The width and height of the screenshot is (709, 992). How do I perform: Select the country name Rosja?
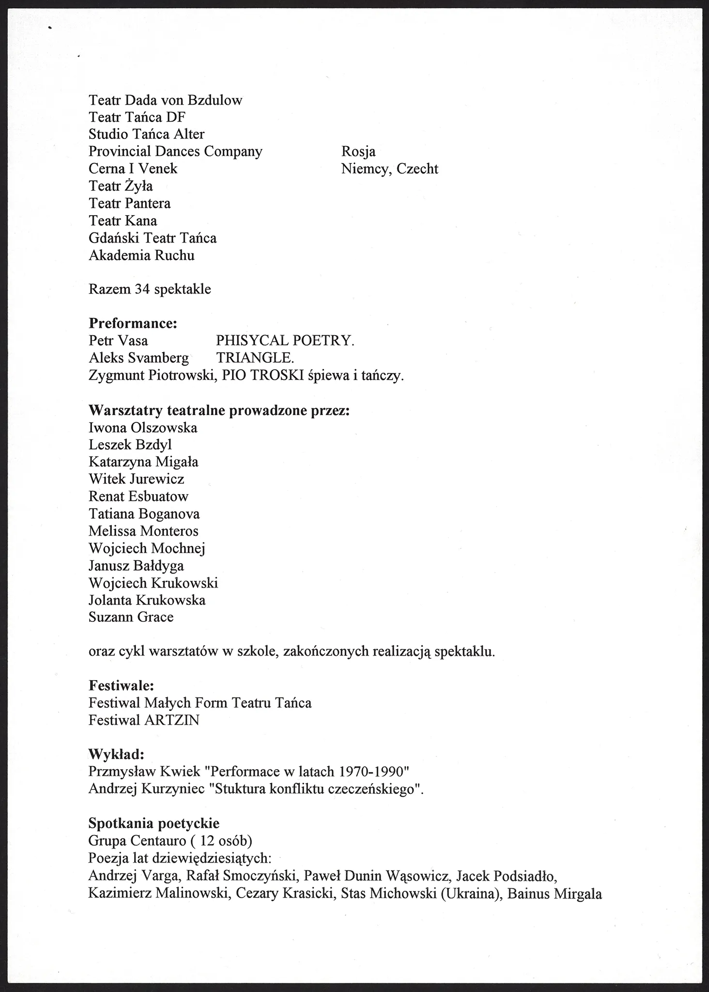click(358, 152)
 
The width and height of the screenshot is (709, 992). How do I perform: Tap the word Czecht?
click(417, 169)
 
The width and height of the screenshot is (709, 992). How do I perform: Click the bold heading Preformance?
click(133, 323)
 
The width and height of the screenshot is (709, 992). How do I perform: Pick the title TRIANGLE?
click(255, 358)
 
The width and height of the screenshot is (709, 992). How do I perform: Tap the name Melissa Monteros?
click(143, 531)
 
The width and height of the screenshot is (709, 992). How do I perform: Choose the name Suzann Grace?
click(131, 618)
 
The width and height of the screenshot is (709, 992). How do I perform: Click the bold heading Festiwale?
click(122, 686)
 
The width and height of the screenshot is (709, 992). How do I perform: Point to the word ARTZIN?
click(172, 720)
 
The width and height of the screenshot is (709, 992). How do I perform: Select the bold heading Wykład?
click(116, 755)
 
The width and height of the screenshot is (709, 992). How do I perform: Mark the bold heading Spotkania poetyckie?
click(154, 823)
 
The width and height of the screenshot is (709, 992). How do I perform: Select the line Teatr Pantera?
click(130, 203)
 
